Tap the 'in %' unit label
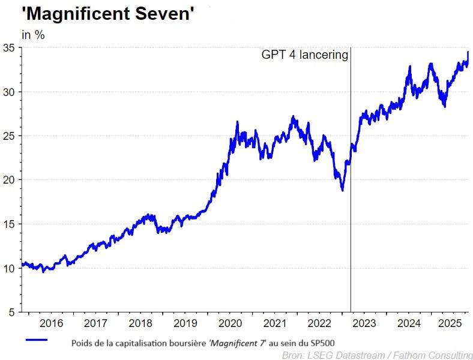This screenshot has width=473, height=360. click(x=33, y=35)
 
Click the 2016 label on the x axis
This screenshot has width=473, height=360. click(x=51, y=324)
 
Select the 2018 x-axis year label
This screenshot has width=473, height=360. click(x=140, y=324)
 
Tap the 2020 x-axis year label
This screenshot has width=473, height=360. click(x=230, y=324)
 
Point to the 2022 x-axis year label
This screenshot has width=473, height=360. click(x=319, y=324)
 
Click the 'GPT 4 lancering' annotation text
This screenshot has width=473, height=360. click(x=304, y=55)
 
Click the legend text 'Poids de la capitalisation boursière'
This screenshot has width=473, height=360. click(x=138, y=343)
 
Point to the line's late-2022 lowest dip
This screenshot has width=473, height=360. click(x=342, y=190)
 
